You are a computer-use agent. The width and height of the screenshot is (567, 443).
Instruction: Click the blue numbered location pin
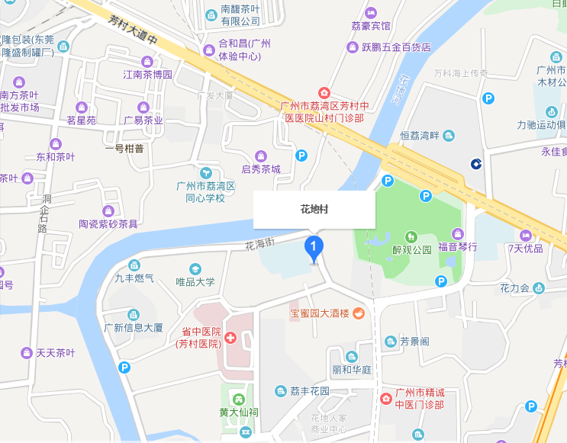314,247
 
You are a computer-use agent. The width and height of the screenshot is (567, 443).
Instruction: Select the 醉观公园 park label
411,249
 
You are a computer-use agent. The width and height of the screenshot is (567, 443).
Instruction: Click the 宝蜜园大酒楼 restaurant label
319,313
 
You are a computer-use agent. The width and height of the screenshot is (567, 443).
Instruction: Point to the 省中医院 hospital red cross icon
230,338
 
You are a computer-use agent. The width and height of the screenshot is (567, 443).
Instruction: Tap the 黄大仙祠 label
237,413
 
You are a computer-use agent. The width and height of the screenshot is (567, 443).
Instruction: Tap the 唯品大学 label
195,282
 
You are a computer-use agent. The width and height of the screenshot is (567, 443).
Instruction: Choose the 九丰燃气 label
134,278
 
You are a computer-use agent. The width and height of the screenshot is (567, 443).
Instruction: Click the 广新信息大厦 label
134,328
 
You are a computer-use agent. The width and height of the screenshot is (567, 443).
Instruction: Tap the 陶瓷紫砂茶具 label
108,223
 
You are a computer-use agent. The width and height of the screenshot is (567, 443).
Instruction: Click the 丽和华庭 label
351,369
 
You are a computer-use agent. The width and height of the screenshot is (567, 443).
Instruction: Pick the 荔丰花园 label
309,390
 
